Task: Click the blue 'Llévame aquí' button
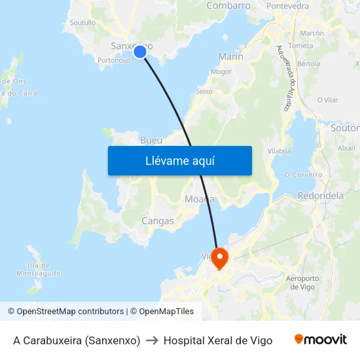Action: [179, 160]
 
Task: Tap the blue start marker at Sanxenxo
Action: [139, 52]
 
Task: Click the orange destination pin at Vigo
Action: [219, 257]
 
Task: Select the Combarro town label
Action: [228, 6]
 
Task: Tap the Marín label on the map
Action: [230, 57]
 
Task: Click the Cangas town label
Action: [158, 221]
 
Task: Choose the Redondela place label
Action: [321, 196]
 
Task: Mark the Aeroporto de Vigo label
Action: [302, 283]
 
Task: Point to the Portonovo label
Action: [113, 60]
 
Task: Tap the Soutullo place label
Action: [82, 22]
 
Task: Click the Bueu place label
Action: [151, 141]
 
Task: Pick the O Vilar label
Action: [327, 100]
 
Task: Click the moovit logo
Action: [321, 340]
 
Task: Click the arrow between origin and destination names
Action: [152, 340]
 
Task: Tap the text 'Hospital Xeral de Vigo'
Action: [218, 340]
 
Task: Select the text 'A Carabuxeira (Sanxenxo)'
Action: [77, 340]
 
